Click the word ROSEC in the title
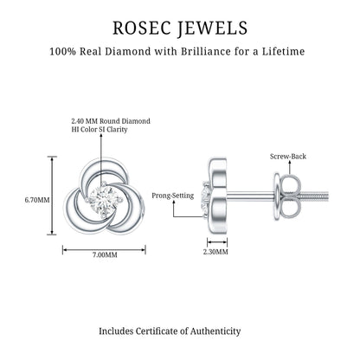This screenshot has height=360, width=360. pos(141,28)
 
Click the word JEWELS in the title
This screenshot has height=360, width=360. pos(212,29)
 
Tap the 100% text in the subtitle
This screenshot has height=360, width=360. pos(63,52)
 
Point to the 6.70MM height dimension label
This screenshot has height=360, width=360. pos(37,200)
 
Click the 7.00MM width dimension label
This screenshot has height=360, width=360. pos(105,254)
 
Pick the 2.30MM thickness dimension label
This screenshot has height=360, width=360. pos(215,252)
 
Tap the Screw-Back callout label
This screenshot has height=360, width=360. pos(288,157)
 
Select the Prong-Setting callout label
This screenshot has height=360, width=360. pos(173,196)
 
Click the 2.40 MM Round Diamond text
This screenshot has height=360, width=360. pos(111,121)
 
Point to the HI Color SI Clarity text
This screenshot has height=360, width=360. pos(100,129)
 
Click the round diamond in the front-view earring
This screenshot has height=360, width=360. pos(103,200)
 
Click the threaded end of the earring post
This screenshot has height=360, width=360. pos(314,197)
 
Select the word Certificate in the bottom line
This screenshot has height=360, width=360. pos(157,331)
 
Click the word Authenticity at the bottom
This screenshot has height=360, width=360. pos(215,331)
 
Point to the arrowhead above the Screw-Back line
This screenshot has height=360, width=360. pos(289,163)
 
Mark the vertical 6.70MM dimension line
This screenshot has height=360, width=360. pos(52,196)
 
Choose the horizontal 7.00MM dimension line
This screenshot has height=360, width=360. pos(104,250)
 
